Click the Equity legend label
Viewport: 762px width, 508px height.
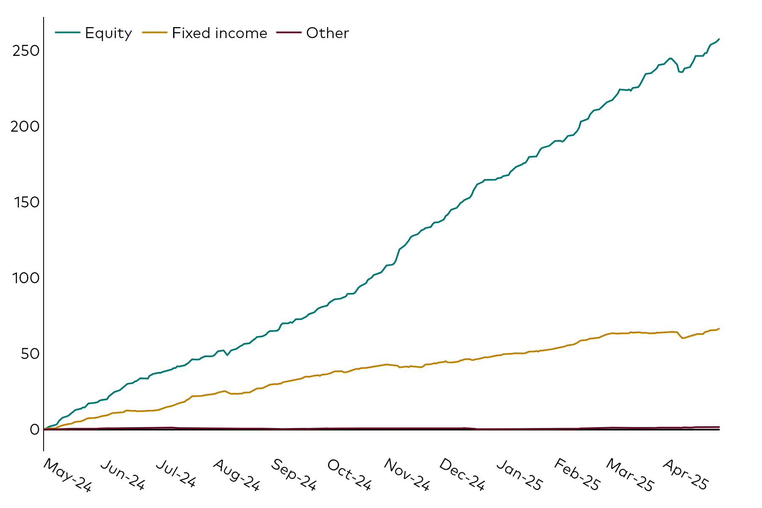(108, 33)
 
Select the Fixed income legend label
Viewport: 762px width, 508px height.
(219, 33)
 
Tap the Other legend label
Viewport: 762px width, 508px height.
(327, 33)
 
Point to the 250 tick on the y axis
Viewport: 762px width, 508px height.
(26, 51)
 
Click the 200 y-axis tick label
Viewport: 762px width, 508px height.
(25, 127)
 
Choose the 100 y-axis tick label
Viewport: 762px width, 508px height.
(26, 278)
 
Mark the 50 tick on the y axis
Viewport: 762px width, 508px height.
(30, 354)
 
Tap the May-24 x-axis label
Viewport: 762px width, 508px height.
(67, 475)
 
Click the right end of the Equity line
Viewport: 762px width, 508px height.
(719, 39)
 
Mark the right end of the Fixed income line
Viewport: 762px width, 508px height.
(719, 329)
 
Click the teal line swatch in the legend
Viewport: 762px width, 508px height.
(67, 33)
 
